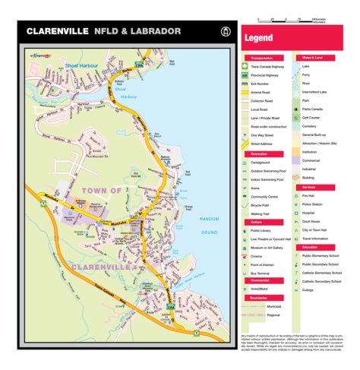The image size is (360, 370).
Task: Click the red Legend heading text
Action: click(259, 37)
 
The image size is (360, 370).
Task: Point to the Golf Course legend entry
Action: click(311, 118)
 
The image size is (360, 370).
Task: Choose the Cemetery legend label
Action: click(311, 126)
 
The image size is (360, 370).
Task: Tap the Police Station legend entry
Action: click(314, 204)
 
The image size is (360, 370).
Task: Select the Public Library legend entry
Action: click(261, 230)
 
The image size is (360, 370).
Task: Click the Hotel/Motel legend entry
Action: click(261, 289)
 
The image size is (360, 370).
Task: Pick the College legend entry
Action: click(308, 289)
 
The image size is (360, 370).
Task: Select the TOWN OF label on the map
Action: click(98, 190)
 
